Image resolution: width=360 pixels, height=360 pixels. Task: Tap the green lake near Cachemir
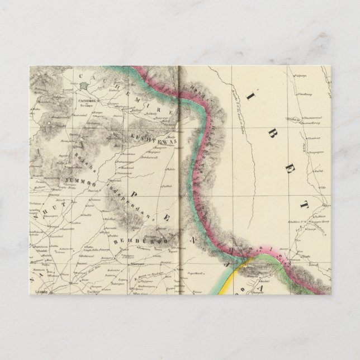click(x=84, y=87)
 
